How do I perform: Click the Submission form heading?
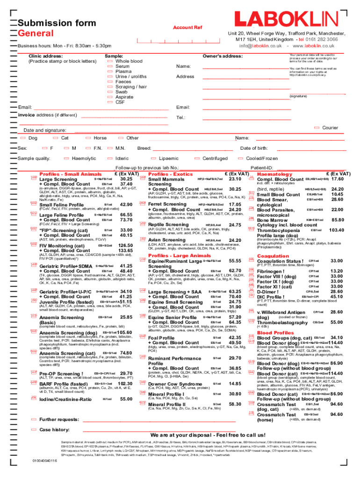[57, 23]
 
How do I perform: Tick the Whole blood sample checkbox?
[109, 61]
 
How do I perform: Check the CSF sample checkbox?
[109, 102]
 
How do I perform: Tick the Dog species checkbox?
[22, 138]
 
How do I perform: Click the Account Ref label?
[187, 28]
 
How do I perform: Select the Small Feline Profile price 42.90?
[126, 204]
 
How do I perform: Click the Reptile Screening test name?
[168, 225]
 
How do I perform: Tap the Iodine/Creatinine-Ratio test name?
[65, 399]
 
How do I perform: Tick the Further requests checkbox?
[34, 420]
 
